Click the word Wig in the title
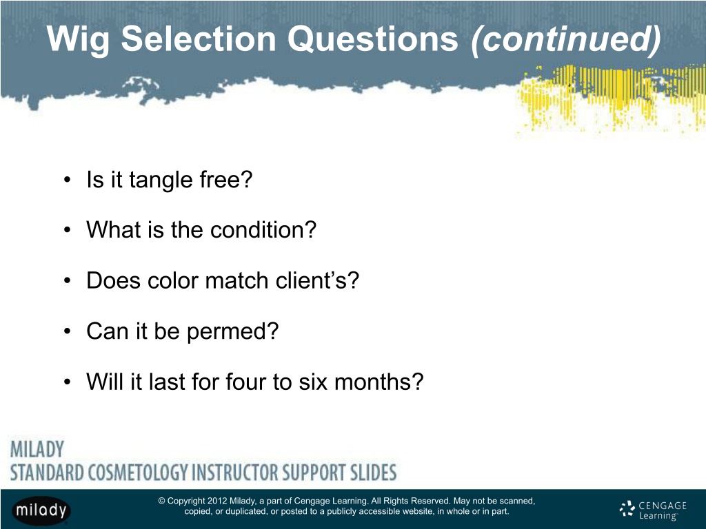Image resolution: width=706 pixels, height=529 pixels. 78,39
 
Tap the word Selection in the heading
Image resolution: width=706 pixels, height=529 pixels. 199,39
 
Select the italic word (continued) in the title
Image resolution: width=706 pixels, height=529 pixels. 565,39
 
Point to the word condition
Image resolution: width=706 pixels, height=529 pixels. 263,230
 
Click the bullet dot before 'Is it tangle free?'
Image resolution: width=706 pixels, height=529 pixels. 67,180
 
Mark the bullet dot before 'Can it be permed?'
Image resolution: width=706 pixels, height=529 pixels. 67,331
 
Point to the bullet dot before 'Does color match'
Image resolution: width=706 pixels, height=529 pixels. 67,281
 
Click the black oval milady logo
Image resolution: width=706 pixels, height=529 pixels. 41,510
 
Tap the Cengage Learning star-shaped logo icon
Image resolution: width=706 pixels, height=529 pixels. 627,509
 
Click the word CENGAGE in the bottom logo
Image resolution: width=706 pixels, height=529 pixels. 663,506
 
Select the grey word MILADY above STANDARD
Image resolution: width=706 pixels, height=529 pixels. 37,449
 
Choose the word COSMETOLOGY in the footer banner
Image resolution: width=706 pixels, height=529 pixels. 138,473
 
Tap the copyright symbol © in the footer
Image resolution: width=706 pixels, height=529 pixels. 161,501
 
